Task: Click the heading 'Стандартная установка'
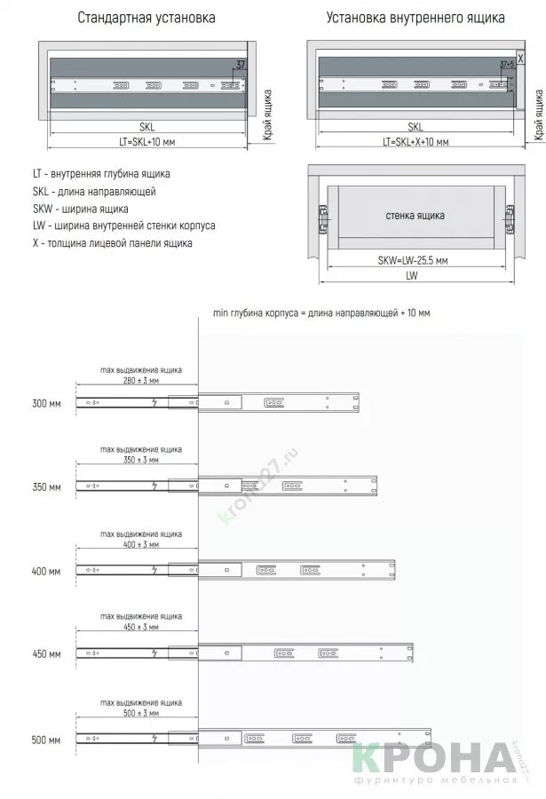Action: pos(146,18)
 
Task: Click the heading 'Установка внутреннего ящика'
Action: pos(415,18)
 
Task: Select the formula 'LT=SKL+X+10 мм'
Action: pos(415,142)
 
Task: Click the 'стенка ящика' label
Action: pos(415,216)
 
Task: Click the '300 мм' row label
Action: pos(46,404)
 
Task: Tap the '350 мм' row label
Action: pos(46,487)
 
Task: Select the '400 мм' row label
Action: pos(46,572)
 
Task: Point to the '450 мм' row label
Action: pos(46,655)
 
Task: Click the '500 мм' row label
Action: pos(46,740)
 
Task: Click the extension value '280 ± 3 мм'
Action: pos(141,380)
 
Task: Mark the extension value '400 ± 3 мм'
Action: pos(141,544)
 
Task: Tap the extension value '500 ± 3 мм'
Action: pos(141,713)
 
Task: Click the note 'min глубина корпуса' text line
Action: pos(321,313)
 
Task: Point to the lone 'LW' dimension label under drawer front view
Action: pos(411,275)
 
